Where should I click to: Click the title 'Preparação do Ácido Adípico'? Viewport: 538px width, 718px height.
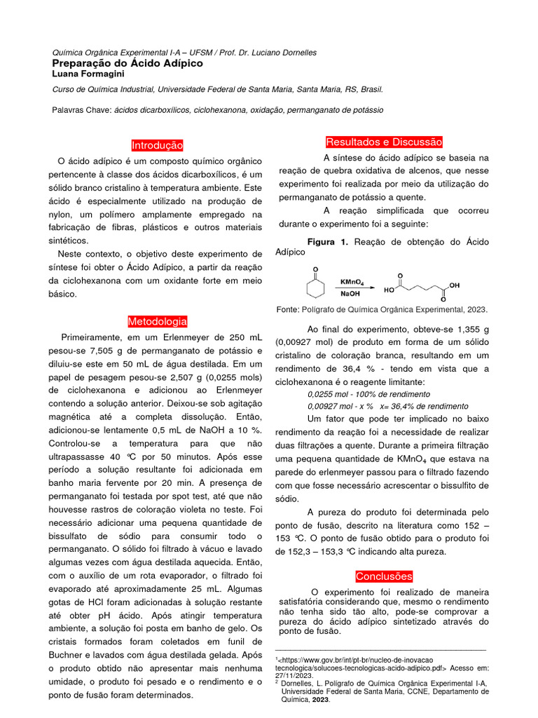[x=127, y=63]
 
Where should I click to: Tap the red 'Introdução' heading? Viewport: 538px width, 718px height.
[x=157, y=145]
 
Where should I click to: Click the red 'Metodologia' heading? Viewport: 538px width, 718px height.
[x=157, y=321]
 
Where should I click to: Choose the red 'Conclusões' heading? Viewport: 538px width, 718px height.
[x=384, y=576]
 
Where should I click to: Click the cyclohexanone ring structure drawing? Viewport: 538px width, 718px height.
[x=316, y=287]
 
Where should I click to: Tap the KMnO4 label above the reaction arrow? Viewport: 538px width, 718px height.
[x=352, y=282]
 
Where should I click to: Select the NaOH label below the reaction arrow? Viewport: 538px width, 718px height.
[x=350, y=295]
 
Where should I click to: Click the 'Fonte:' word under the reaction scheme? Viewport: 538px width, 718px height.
[x=289, y=309]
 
